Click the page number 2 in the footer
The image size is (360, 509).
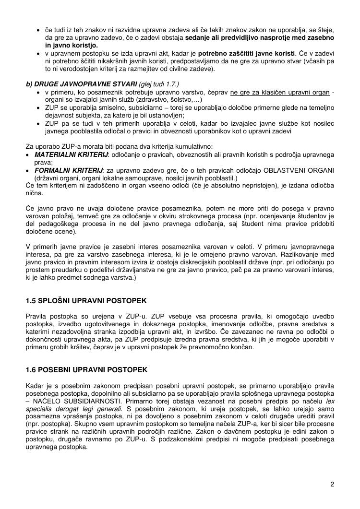coord(332,484)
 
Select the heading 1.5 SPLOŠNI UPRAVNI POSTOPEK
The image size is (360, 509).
coord(86,301)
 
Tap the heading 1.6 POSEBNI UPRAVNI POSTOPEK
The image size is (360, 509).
coord(86,370)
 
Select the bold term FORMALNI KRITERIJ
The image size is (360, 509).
coord(69,170)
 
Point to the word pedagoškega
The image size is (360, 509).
coord(56,224)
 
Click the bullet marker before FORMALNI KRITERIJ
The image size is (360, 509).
coord(28,170)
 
